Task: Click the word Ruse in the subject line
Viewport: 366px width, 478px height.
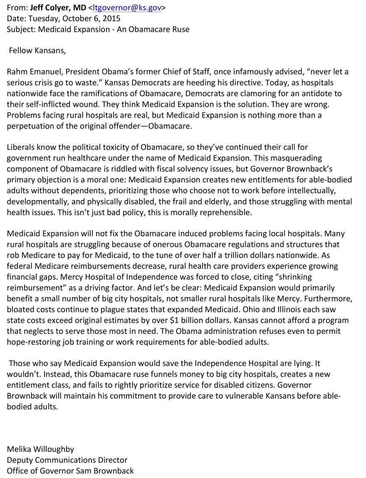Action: (x=180, y=30)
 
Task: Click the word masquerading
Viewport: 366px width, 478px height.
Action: (x=300, y=158)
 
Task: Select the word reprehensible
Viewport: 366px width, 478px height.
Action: (x=216, y=212)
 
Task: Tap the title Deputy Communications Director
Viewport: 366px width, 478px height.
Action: (x=67, y=460)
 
